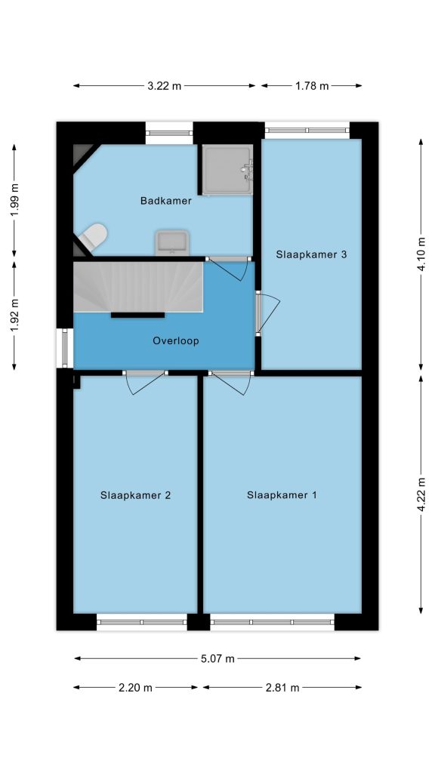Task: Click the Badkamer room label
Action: [x=165, y=201]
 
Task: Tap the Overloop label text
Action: [x=175, y=340]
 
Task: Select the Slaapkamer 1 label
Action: [x=282, y=495]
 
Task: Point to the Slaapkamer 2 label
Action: [x=135, y=495]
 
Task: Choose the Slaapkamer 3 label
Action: [x=311, y=254]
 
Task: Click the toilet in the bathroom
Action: [x=92, y=236]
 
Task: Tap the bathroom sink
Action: [x=172, y=242]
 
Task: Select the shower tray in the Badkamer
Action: [x=227, y=169]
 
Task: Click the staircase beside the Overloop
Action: [x=138, y=287]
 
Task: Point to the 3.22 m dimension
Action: [x=164, y=86]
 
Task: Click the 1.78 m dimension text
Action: [x=312, y=86]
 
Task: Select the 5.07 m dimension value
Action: [x=217, y=658]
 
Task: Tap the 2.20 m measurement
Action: [x=136, y=688]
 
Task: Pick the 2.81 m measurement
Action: [x=282, y=688]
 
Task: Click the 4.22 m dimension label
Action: [x=421, y=494]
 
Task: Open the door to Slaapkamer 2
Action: [x=145, y=383]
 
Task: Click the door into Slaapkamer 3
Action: [x=267, y=313]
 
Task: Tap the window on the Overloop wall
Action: [x=65, y=348]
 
